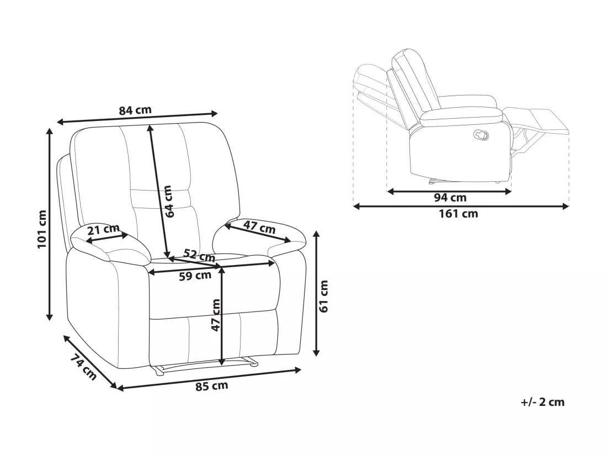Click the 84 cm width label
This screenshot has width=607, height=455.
135,110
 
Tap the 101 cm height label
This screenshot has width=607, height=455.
42,229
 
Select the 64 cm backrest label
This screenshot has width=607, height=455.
168,202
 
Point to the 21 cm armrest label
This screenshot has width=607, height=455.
103,230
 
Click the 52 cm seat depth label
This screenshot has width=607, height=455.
199,255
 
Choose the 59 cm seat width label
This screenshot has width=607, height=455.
195,276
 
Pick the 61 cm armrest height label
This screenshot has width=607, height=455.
324,296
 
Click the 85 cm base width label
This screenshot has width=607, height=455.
211,386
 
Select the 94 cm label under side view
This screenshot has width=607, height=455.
450,198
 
